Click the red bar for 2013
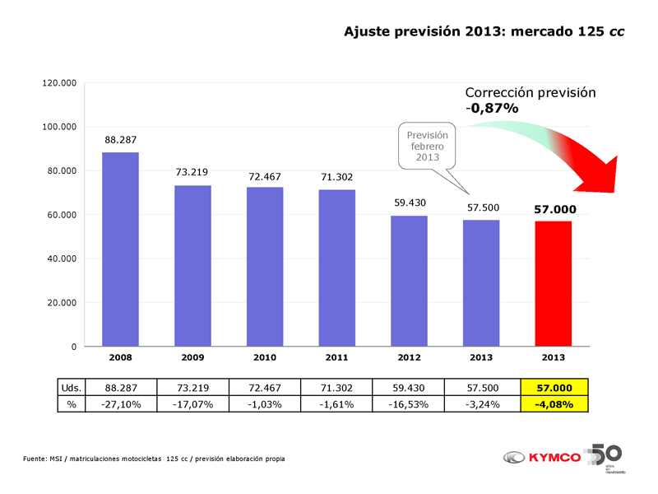tap(553, 283)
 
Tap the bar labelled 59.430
tap(409, 281)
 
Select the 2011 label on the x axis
tap(336, 358)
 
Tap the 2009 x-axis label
tap(192, 358)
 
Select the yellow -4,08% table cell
tap(553, 403)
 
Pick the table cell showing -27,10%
tap(120, 403)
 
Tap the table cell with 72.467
tap(265, 387)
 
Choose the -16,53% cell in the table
tap(409, 403)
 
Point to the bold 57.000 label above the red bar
tap(553, 209)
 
